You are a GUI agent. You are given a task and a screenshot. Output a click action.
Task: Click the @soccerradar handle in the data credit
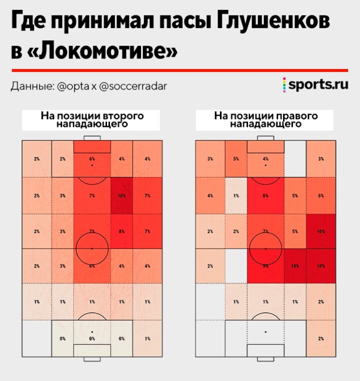[133, 86]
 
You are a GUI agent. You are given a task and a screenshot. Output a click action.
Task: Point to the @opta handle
[73, 86]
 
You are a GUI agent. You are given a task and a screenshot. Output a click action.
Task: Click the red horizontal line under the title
[179, 70]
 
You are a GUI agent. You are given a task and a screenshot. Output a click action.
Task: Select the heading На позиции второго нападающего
[91, 119]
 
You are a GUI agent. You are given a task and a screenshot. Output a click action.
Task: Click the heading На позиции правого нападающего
[265, 119]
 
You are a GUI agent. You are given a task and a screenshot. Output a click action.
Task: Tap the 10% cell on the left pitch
[121, 195]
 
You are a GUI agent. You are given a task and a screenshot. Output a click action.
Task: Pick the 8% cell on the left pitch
[121, 231]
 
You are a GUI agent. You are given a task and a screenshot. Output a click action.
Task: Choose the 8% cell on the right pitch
[265, 195]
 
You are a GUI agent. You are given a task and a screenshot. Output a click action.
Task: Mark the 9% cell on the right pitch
[265, 266]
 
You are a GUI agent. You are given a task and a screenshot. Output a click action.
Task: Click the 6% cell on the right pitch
[320, 195]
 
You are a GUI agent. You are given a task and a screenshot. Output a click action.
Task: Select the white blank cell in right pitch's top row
[295, 158]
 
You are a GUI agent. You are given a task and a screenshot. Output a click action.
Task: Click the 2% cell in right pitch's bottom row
[320, 338]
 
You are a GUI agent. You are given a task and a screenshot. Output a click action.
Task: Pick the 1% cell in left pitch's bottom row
[147, 338]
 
